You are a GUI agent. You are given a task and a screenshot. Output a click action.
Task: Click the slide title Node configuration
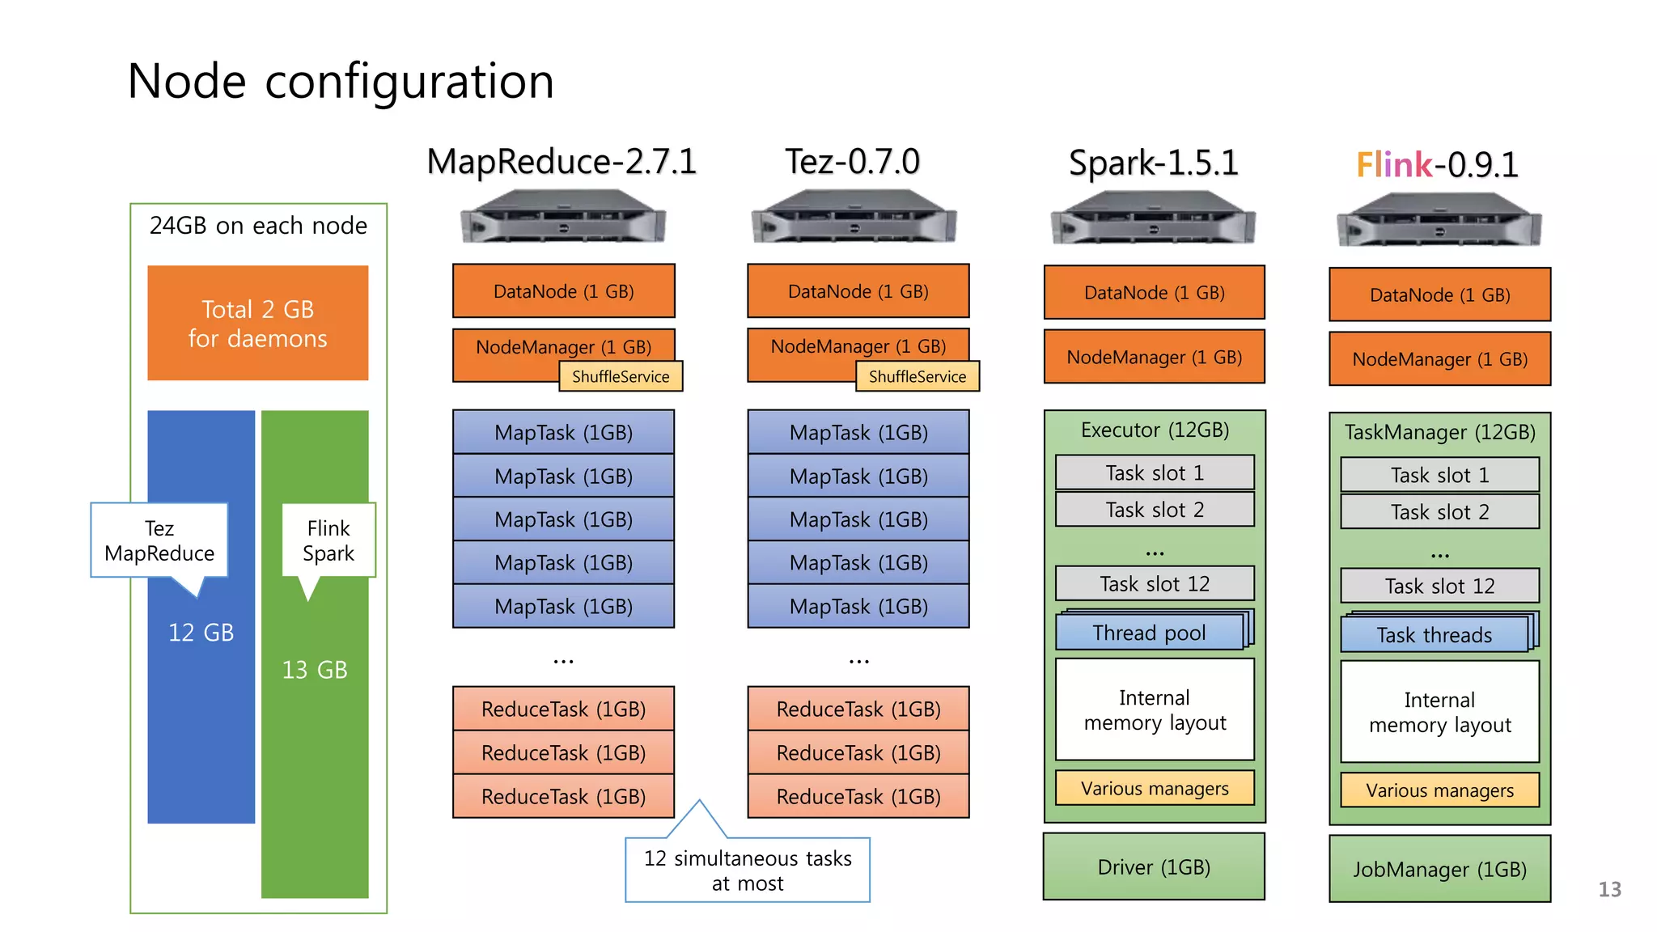[x=341, y=82]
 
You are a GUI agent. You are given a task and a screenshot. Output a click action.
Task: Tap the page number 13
[x=1609, y=890]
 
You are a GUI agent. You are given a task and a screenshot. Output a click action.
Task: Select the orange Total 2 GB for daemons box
[x=257, y=323]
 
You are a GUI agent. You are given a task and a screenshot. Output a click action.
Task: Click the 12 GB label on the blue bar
[x=201, y=633]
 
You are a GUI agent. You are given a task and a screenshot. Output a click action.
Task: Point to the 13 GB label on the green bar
[x=315, y=670]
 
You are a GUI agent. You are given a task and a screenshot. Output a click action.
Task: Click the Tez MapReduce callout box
[x=159, y=540]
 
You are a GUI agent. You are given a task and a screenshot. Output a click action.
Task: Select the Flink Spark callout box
[x=328, y=540]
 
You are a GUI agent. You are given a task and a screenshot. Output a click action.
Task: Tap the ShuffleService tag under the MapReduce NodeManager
[x=621, y=377]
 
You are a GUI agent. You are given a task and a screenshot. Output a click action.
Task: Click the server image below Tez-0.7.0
[x=854, y=217]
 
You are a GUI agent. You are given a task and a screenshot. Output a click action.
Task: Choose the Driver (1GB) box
[x=1154, y=867]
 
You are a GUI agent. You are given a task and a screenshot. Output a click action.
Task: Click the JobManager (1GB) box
[x=1439, y=870]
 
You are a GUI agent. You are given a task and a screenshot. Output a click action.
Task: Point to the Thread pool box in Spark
[x=1150, y=633]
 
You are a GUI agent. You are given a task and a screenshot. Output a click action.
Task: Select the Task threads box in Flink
[x=1435, y=635]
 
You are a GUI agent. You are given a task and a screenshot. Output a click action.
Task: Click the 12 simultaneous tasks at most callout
[x=748, y=871]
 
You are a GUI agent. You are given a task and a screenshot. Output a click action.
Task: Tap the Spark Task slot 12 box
[x=1155, y=583]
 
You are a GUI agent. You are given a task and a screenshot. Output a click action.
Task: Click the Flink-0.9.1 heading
[x=1437, y=165]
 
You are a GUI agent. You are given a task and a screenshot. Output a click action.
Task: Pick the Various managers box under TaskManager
[x=1439, y=790]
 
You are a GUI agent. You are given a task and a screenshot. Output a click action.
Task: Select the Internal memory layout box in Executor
[x=1155, y=710]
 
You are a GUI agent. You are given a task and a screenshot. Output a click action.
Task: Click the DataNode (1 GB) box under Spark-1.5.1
[x=1154, y=293]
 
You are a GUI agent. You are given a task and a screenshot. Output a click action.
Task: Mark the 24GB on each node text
[x=258, y=226]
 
